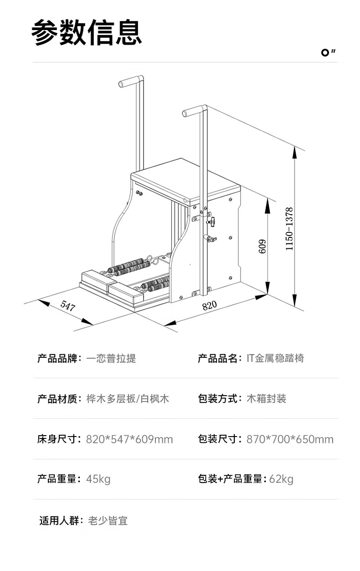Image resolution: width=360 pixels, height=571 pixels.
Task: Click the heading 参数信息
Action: click(87, 32)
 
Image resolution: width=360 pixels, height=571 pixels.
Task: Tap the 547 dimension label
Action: click(67, 306)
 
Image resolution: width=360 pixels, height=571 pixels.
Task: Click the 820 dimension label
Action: click(209, 305)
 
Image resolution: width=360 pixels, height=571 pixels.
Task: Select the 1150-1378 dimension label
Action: click(289, 229)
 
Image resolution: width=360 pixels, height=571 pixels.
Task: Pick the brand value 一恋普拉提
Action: click(111, 358)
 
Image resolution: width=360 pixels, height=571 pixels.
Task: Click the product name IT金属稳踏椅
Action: click(275, 358)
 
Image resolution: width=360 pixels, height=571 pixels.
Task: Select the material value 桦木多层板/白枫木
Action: click(128, 399)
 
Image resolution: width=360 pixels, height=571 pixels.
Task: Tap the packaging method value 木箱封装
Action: click(266, 399)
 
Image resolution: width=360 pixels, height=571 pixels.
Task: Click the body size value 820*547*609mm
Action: click(129, 439)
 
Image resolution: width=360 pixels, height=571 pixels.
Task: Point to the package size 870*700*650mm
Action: click(290, 439)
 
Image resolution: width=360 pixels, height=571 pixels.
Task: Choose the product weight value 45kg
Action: click(98, 479)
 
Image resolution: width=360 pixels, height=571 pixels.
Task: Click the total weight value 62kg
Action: click(281, 479)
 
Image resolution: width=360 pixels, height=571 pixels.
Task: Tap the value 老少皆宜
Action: click(108, 520)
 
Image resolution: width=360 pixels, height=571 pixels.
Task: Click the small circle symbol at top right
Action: click(325, 53)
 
